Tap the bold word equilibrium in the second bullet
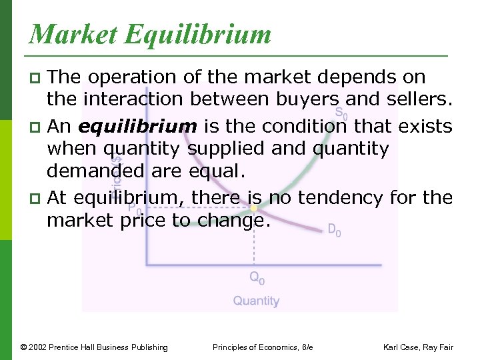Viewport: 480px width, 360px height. (x=137, y=126)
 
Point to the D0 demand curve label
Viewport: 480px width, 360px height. (x=334, y=231)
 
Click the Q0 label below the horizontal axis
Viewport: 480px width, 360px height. (x=257, y=278)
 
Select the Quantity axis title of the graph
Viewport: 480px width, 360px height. (x=256, y=301)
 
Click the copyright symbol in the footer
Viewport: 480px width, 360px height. (x=23, y=347)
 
